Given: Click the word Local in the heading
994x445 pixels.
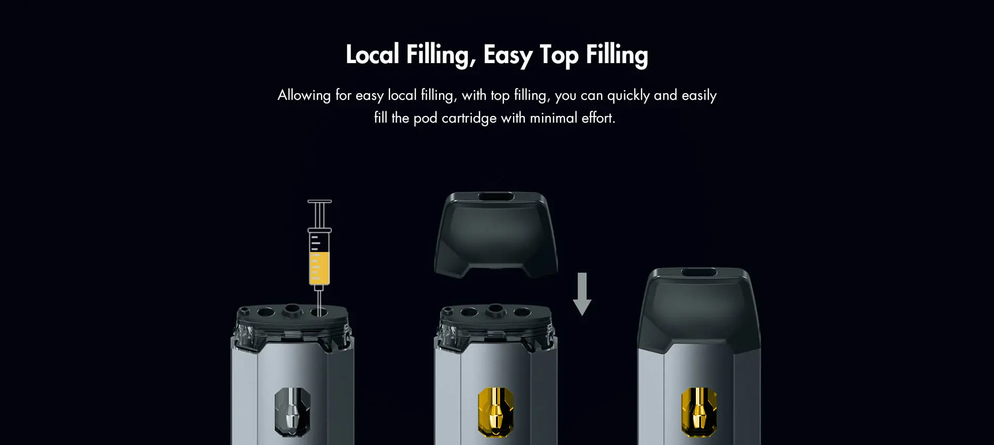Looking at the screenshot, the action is (x=372, y=54).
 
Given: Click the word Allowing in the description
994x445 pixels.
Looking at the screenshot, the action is (x=304, y=95).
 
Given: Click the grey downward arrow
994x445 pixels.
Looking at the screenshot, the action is (x=582, y=294).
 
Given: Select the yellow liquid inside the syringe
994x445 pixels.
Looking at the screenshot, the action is (x=319, y=268).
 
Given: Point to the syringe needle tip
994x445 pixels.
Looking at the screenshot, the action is (x=319, y=314).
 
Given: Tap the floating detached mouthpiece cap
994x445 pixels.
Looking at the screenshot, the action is (x=496, y=234).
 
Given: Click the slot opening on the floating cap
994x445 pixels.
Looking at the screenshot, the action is (x=496, y=197).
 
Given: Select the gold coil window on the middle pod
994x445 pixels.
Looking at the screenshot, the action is (x=496, y=412).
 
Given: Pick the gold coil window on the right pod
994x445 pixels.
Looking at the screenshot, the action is (x=699, y=412).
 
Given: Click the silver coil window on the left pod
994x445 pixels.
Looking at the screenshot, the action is (x=293, y=412).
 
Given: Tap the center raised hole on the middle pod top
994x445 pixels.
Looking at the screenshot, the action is (x=496, y=309).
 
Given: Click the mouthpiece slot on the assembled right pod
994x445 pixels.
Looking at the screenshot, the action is (x=699, y=272).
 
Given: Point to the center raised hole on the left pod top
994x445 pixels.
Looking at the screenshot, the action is (x=293, y=309).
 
